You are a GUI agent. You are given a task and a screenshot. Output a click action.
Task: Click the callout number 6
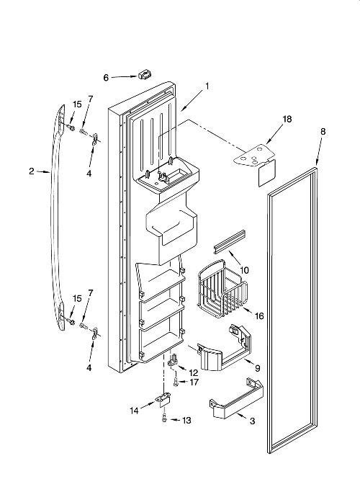tap(106, 78)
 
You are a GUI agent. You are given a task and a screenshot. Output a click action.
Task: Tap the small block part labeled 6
tap(144, 75)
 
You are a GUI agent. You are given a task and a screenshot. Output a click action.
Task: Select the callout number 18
tap(287, 119)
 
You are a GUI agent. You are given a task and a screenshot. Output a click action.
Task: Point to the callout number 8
tap(323, 131)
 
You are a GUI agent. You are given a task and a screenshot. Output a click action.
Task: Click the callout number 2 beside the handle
tap(32, 171)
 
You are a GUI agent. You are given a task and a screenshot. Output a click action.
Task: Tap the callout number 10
tap(244, 270)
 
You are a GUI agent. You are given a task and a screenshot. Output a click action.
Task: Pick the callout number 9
tap(257, 368)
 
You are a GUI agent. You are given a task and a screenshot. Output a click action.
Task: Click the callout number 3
tap(252, 421)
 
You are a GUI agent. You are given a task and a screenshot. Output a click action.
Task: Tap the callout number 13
tap(186, 421)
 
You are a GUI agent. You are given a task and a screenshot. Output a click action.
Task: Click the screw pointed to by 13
tap(164, 418)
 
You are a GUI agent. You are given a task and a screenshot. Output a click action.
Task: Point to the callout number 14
tap(134, 411)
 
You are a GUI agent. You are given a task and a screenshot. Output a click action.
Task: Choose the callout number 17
tap(194, 382)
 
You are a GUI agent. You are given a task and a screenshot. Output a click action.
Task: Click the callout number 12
tap(193, 373)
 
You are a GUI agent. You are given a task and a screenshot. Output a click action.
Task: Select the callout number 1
tap(207, 86)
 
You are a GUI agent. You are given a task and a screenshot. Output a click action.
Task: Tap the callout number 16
tap(259, 315)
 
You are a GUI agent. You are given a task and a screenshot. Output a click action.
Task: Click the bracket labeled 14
tap(164, 400)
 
